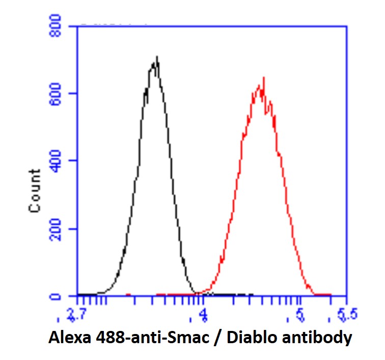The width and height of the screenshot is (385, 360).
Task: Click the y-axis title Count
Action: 35,191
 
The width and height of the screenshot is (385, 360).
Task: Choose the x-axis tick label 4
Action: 204,317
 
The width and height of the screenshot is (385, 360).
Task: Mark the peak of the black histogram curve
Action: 157,57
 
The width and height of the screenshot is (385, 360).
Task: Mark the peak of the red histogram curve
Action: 263,78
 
